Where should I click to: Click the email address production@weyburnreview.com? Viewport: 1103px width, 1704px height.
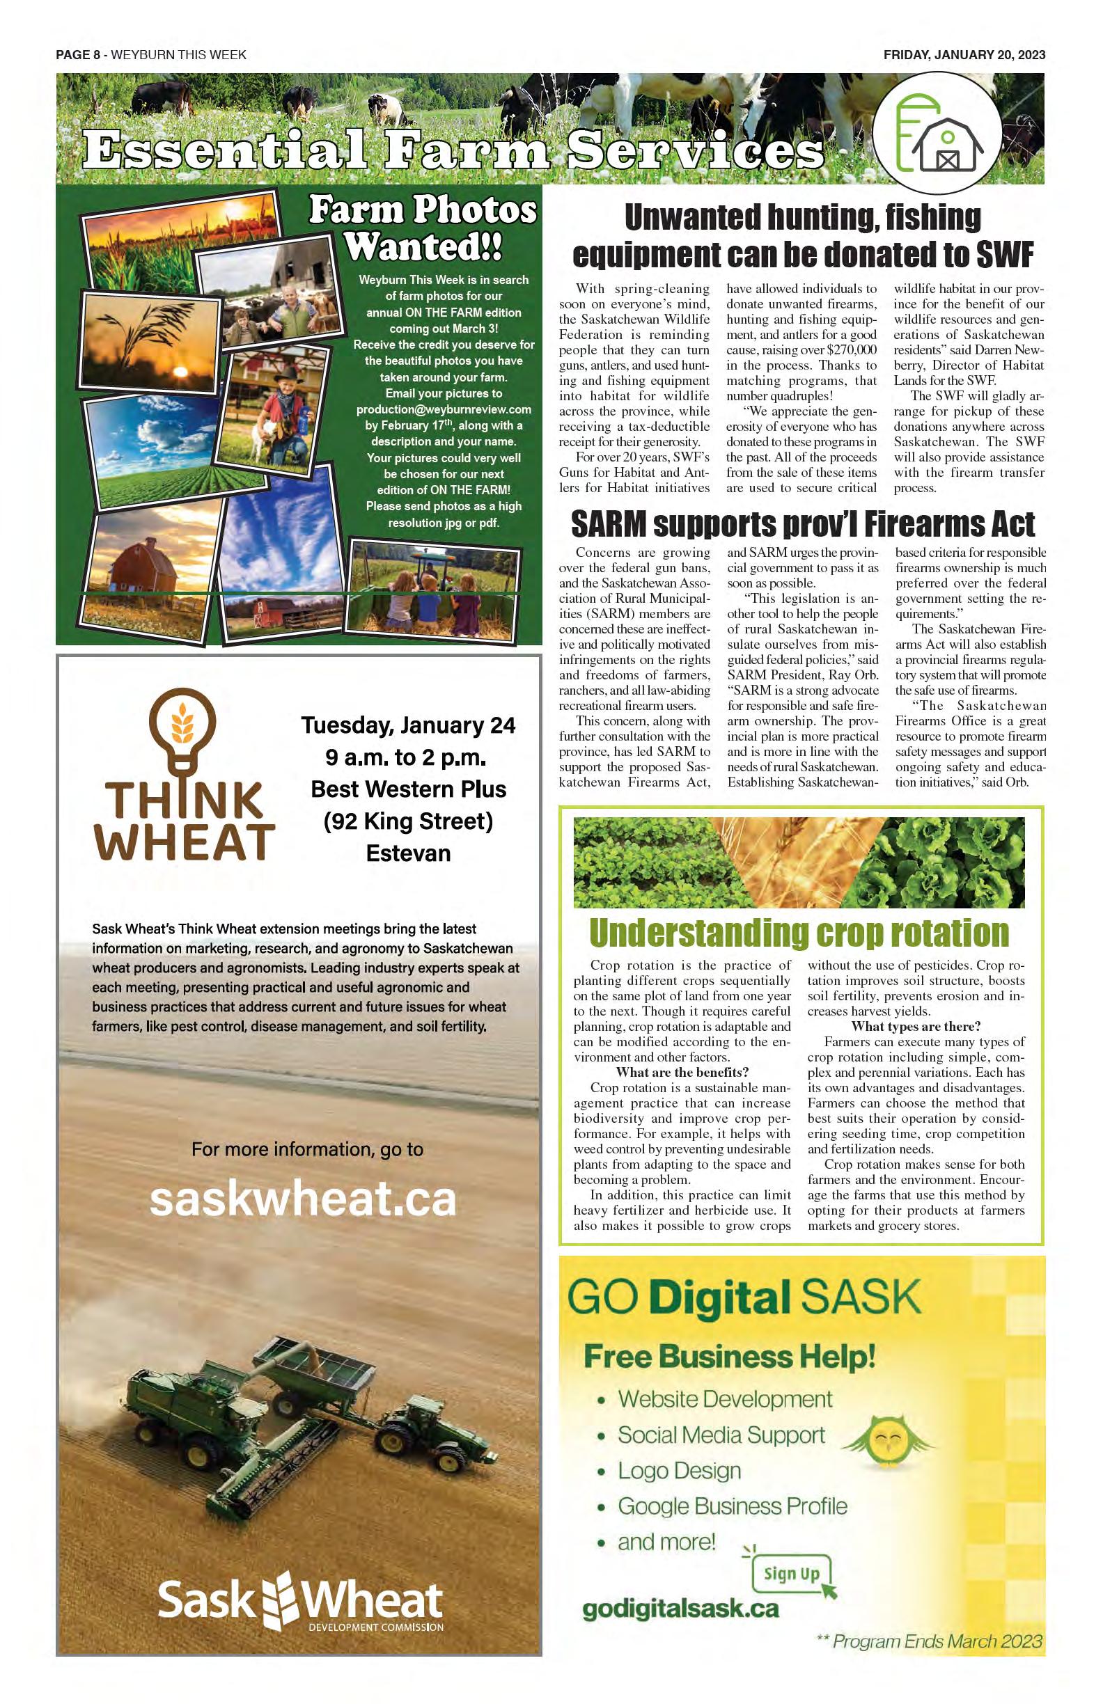click(x=444, y=409)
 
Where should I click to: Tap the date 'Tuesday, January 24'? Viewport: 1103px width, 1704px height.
click(x=408, y=725)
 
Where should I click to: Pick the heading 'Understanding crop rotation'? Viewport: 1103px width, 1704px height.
click(x=799, y=932)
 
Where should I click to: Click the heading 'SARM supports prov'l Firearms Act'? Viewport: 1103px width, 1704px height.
click(x=802, y=524)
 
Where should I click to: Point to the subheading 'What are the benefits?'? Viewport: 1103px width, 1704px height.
click(x=682, y=1072)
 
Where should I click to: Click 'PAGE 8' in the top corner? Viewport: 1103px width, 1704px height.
click(x=77, y=55)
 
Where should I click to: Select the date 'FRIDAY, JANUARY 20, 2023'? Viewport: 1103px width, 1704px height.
click(x=964, y=55)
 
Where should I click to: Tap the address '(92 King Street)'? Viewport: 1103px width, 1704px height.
click(x=408, y=821)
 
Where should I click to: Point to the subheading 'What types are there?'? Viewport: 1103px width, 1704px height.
click(x=916, y=1026)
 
